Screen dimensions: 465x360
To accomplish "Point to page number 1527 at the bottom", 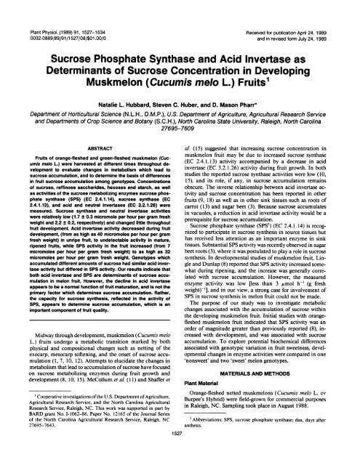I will [180, 450].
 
